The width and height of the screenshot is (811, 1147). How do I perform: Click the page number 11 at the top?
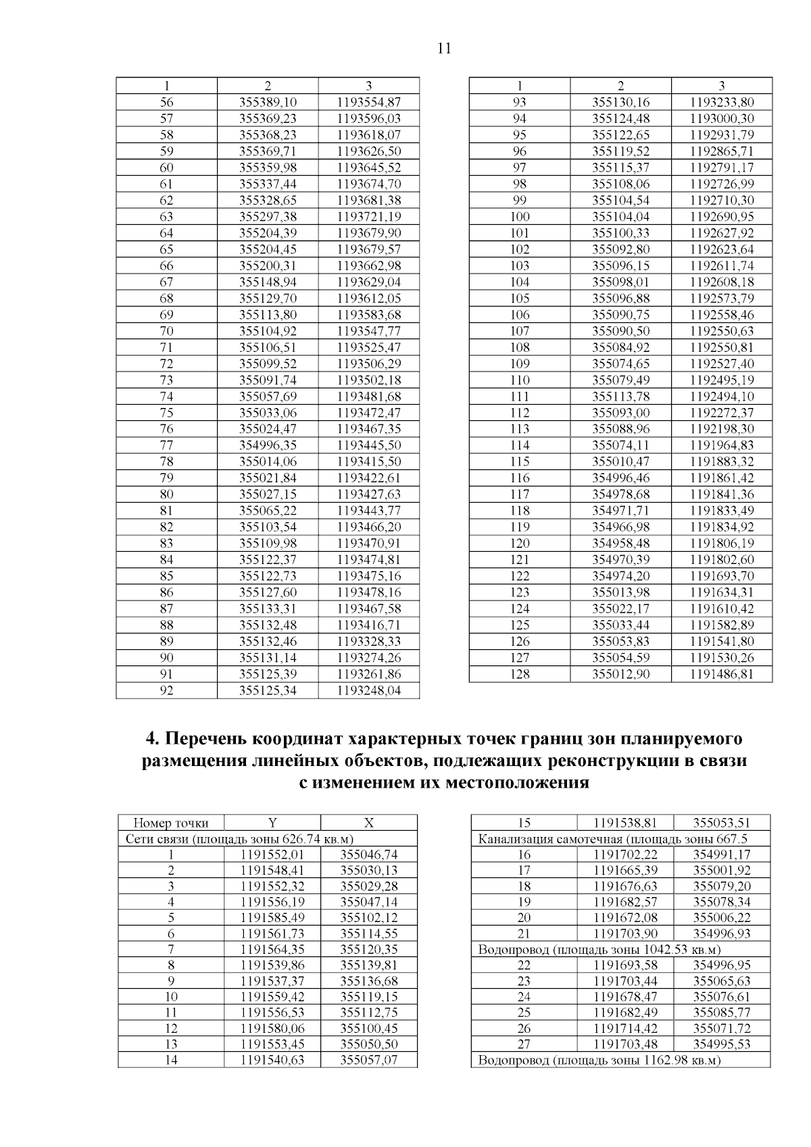coord(444,49)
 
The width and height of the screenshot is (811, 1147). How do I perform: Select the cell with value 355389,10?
coord(268,102)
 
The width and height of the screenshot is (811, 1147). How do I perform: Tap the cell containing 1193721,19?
coord(368,216)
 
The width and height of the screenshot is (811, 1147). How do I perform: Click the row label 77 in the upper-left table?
coord(166,444)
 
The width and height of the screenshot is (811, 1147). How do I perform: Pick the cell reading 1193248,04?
coord(368,690)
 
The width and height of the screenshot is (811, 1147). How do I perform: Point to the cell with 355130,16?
coord(620,102)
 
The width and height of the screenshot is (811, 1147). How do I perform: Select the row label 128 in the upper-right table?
coord(520,673)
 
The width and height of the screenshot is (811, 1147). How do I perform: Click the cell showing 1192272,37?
coord(721,412)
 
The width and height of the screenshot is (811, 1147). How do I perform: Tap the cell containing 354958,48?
coord(620,543)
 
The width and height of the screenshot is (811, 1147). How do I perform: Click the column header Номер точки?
coord(171,823)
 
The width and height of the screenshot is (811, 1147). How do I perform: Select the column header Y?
coord(272,823)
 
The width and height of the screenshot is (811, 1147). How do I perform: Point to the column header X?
coord(368,823)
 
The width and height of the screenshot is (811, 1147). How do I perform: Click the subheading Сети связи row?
coord(240,838)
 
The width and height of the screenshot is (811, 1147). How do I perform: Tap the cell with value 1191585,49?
coord(272,917)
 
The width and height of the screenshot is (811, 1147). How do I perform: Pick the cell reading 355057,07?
coord(368,1060)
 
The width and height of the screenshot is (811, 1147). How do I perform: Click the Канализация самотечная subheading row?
coord(612,839)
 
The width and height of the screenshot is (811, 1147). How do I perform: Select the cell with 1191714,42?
coord(625,1028)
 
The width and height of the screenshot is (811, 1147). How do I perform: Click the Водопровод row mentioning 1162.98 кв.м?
coord(599,1060)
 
